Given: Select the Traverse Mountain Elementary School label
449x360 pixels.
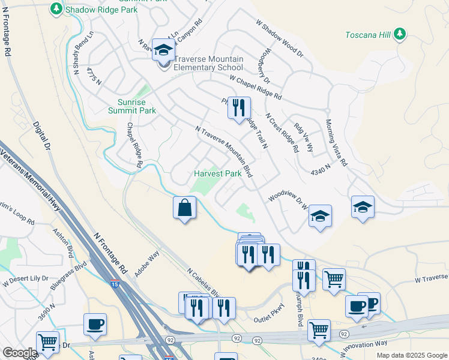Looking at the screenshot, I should point(208,63).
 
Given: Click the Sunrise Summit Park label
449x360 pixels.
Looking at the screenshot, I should point(132,107).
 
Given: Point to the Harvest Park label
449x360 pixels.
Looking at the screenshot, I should point(217,173).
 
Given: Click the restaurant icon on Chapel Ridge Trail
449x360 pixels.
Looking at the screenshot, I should point(240,108).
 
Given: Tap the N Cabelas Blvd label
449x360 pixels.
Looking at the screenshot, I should point(204,281).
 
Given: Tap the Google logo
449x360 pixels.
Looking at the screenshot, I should point(19,353).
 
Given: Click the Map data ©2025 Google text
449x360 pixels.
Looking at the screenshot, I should point(411,355).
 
